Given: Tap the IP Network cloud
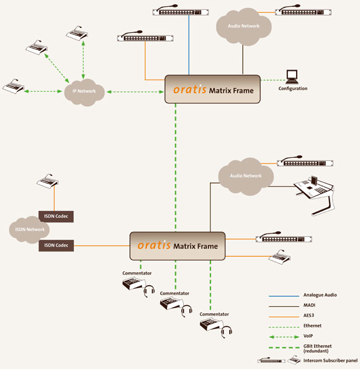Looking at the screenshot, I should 84,92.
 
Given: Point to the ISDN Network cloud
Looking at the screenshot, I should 26,229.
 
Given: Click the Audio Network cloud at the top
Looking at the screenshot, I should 243,27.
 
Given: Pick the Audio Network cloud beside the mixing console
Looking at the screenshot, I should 245,175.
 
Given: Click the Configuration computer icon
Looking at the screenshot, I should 290,76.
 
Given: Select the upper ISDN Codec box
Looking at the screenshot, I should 56,216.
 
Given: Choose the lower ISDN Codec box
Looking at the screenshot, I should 56,245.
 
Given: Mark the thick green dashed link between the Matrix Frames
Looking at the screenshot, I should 175,168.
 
